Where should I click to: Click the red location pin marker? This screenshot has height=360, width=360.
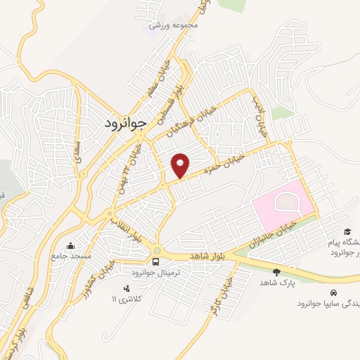(181, 165)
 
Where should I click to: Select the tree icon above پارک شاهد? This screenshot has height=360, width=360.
(275, 271)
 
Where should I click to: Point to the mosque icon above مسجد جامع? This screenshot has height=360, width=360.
(71, 246)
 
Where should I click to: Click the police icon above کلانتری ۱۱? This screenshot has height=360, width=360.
(127, 288)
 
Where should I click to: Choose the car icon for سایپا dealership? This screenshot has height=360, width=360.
(331, 292)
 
